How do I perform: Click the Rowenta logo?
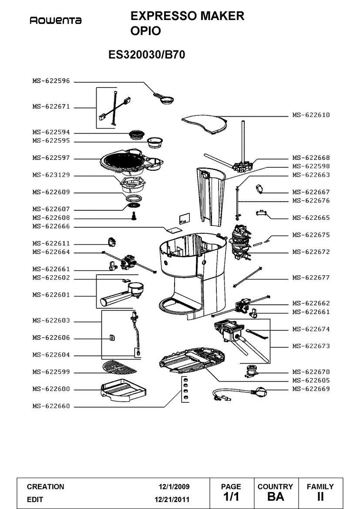point(55,20)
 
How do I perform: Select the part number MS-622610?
point(311,115)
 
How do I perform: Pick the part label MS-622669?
point(311,389)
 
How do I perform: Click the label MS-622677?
point(311,277)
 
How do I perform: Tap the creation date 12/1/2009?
point(174,486)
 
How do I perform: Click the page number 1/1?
point(231,496)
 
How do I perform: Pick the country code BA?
point(275,496)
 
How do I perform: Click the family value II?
point(320,496)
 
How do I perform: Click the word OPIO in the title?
point(146,31)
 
